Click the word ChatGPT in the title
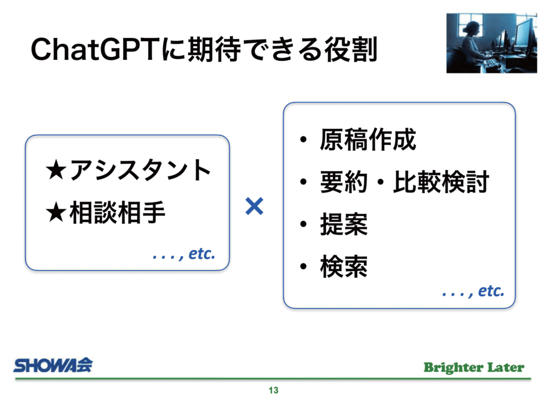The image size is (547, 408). pyautogui.click(x=96, y=49)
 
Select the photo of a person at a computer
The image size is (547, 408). pyautogui.click(x=491, y=43)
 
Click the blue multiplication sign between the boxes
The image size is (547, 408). pyautogui.click(x=254, y=206)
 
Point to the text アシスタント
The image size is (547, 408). pyautogui.click(x=140, y=170)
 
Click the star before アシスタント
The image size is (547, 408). pyautogui.click(x=56, y=170)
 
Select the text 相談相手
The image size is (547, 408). pyautogui.click(x=117, y=212)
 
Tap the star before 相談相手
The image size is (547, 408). pyautogui.click(x=56, y=212)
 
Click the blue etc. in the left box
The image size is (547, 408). pyautogui.click(x=201, y=253)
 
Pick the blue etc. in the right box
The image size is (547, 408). pyautogui.click(x=491, y=291)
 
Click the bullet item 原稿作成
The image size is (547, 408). pyautogui.click(x=368, y=140)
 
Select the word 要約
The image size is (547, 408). pyautogui.click(x=344, y=182)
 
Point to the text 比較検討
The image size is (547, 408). pyautogui.click(x=441, y=182)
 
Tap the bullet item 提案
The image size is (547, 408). pyautogui.click(x=344, y=224)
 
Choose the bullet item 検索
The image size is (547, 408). pyautogui.click(x=344, y=266)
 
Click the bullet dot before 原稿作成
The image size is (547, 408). pyautogui.click(x=303, y=140)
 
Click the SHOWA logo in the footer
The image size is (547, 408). pyautogui.click(x=53, y=365)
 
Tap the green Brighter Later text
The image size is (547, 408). pyautogui.click(x=474, y=367)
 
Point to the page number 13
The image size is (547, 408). pyautogui.click(x=273, y=390)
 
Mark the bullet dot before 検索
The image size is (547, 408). pyautogui.click(x=303, y=267)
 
